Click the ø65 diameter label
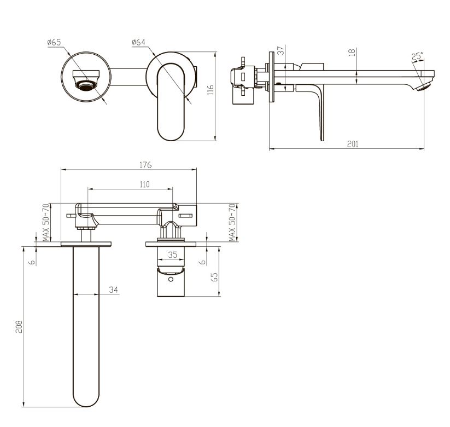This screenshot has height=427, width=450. (x=54, y=42)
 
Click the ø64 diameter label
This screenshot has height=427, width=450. (x=139, y=42)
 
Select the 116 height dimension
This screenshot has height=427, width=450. (x=211, y=90)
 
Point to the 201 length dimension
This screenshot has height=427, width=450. (x=353, y=144)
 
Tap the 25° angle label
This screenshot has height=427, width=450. (x=417, y=56)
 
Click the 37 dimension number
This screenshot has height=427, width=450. (x=281, y=50)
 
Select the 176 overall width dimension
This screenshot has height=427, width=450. (x=145, y=165)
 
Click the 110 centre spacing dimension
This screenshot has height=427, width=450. (x=145, y=184)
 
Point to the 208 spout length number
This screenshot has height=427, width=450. (x=19, y=326)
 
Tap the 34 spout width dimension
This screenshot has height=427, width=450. (x=113, y=290)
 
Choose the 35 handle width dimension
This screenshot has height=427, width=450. (x=172, y=255)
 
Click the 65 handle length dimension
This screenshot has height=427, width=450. (x=214, y=277)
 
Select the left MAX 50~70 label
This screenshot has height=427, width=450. (x=46, y=223)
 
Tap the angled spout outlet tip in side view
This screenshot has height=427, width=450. (x=424, y=86)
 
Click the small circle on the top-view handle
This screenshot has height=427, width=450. (x=171, y=279)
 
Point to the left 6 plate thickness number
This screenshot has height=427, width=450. (x=33, y=262)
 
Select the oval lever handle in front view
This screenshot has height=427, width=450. (x=171, y=102)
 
